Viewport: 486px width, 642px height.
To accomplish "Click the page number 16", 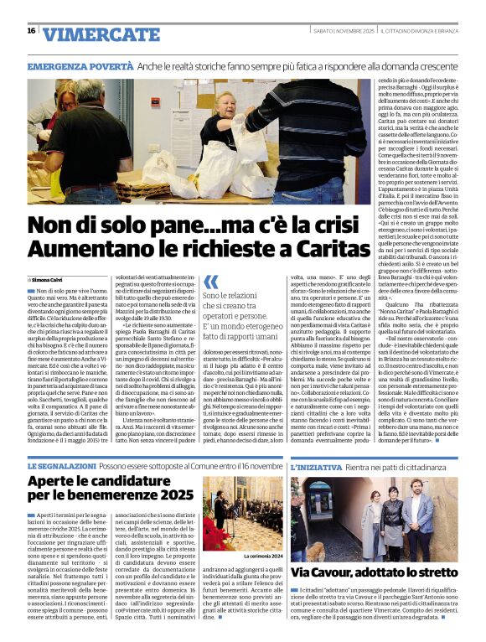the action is [x=31, y=31].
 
